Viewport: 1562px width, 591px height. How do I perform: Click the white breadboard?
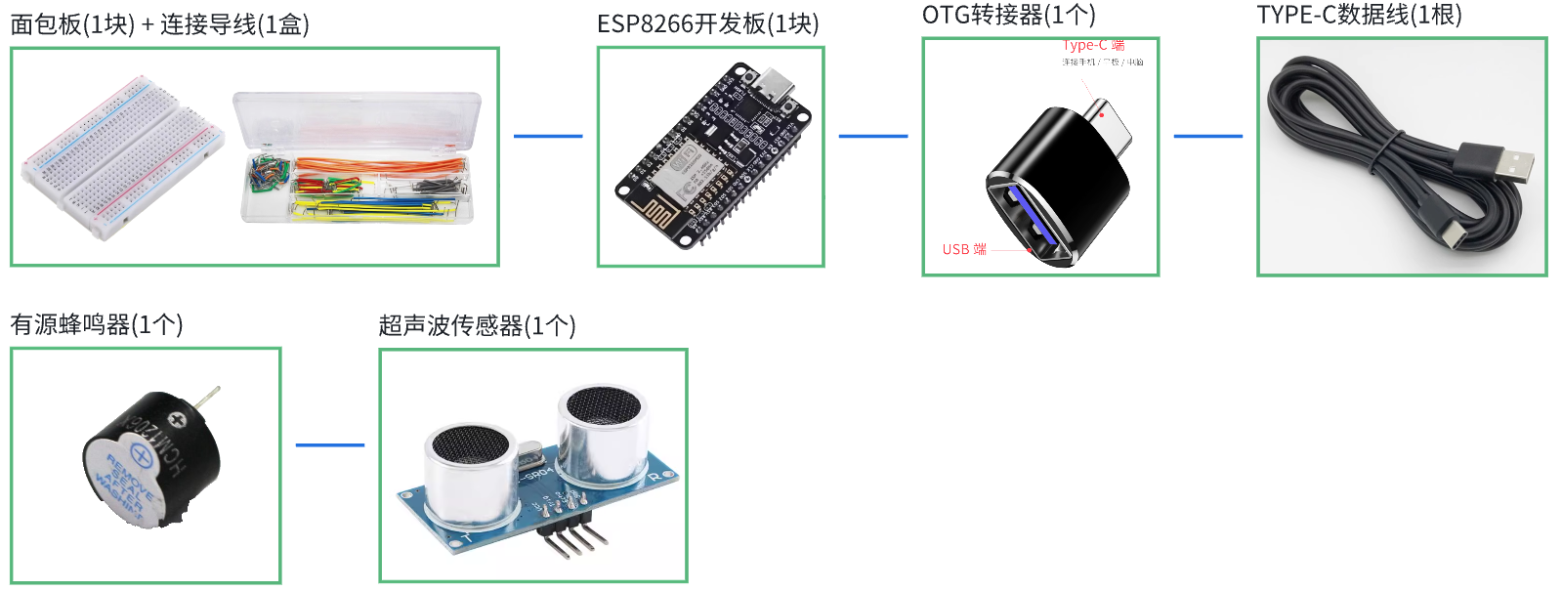pos(122,156)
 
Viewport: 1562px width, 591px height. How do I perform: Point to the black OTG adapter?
pos(1055,186)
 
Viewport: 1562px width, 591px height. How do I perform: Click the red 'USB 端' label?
pos(964,250)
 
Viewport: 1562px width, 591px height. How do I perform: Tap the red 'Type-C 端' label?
pos(1094,45)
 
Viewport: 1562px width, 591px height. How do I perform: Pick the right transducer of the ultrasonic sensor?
pos(602,430)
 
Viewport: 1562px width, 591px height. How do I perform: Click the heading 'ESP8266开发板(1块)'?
pos(707,23)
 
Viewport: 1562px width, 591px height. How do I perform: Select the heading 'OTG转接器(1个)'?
pos(1008,15)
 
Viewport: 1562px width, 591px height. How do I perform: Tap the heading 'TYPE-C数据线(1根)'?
pos(1359,15)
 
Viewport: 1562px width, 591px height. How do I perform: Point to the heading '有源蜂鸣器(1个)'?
pos(97,324)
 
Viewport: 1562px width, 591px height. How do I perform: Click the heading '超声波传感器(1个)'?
pos(477,325)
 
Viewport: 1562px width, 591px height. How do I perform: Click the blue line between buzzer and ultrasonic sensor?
pos(329,444)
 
